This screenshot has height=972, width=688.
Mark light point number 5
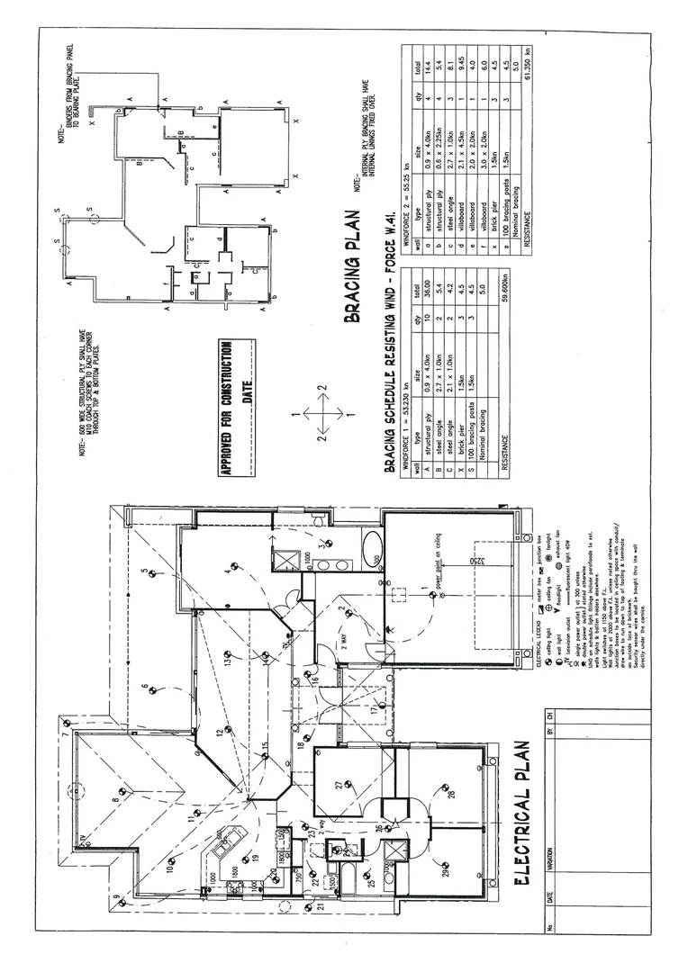click(x=153, y=570)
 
